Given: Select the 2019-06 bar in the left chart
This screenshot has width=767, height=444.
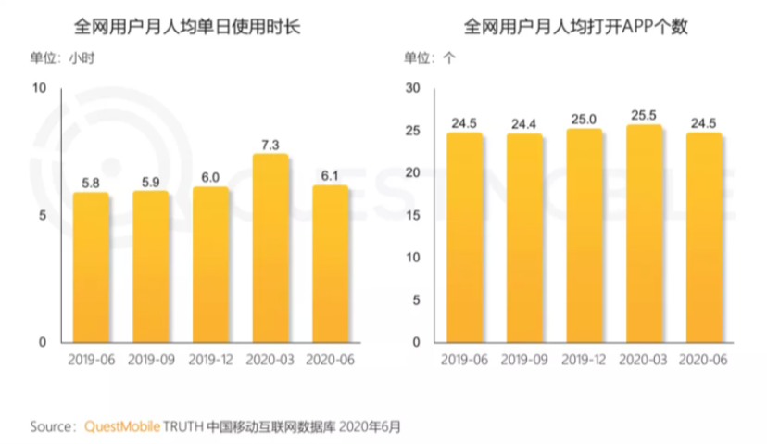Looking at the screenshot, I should (x=91, y=268).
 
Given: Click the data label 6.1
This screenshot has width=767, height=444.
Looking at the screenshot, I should (x=330, y=173).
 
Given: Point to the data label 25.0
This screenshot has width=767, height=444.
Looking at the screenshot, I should (x=584, y=118).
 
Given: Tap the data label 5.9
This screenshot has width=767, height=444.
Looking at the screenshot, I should (x=151, y=180).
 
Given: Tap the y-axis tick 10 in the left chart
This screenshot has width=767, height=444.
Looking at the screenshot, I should (x=39, y=88).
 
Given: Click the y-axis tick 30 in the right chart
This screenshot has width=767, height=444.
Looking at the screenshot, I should (x=413, y=88).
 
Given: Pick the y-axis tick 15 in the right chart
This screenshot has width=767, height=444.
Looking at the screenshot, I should (x=413, y=215).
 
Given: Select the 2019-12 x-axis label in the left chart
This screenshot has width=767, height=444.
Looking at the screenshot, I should (x=210, y=359).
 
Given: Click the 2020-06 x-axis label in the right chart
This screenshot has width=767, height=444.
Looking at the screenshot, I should (x=702, y=359).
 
